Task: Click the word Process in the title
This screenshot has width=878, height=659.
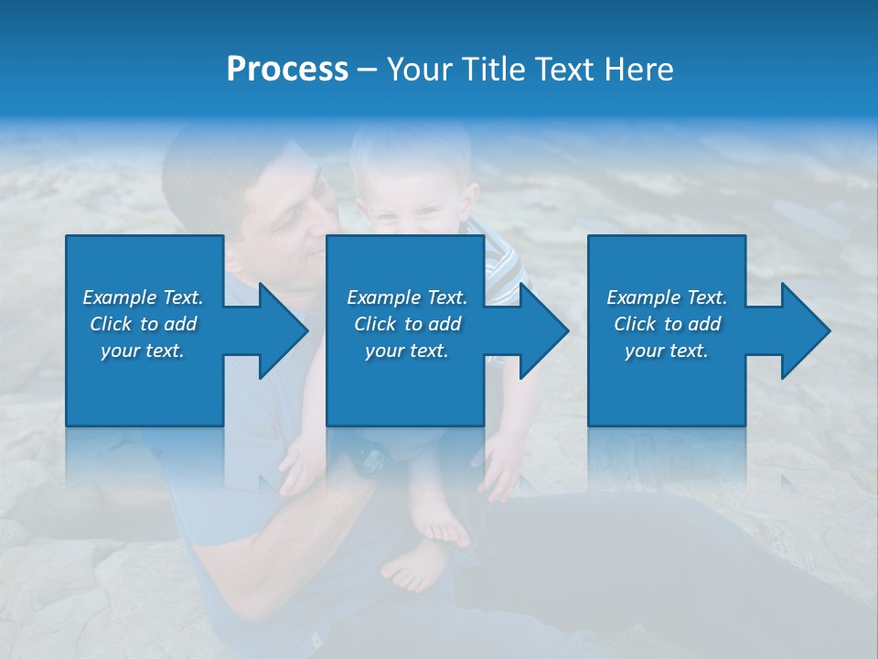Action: [287, 70]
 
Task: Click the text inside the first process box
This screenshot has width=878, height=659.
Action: [143, 324]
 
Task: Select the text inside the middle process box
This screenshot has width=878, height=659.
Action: [406, 324]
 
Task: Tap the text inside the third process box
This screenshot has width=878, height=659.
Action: [667, 324]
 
